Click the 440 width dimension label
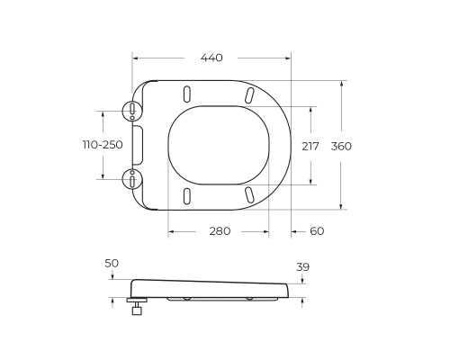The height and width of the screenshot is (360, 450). click(x=211, y=58)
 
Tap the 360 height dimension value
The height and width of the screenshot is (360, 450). click(x=341, y=147)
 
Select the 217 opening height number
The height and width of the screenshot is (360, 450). click(x=310, y=147)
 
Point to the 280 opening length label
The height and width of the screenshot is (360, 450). click(x=220, y=231)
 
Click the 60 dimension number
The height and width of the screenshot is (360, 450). click(x=317, y=231)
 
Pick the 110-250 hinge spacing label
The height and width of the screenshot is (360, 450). click(x=103, y=145)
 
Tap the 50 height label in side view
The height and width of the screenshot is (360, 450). click(x=112, y=264)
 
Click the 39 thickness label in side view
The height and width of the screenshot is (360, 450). click(x=302, y=267)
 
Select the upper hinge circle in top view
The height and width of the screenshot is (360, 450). click(x=132, y=110)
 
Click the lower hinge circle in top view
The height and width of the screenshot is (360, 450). click(x=132, y=179)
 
